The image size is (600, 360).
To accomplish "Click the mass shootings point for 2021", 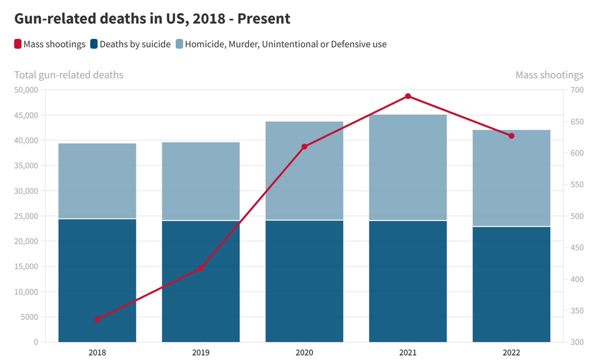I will click(x=408, y=96).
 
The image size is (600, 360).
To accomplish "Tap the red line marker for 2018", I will click(x=98, y=319).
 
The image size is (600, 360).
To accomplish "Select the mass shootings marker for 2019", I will click(x=201, y=268).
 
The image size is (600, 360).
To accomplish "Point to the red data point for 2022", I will click(x=511, y=136).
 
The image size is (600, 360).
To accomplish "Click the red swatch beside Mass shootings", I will click(x=18, y=44).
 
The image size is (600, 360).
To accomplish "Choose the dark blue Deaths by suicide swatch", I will click(x=94, y=44).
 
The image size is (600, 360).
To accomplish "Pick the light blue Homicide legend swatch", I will click(x=179, y=44).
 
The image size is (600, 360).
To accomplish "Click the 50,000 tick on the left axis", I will click(x=26, y=90).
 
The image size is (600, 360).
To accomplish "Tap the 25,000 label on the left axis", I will click(x=26, y=216).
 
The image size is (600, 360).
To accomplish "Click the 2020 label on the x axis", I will click(x=304, y=352).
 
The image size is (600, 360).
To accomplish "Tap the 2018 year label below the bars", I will click(x=98, y=352).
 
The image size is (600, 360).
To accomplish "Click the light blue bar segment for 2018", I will click(x=98, y=181).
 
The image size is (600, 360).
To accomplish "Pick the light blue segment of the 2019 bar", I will click(x=201, y=181).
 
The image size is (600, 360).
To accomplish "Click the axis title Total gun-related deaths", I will click(x=69, y=75).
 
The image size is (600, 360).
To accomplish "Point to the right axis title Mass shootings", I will click(x=549, y=75).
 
